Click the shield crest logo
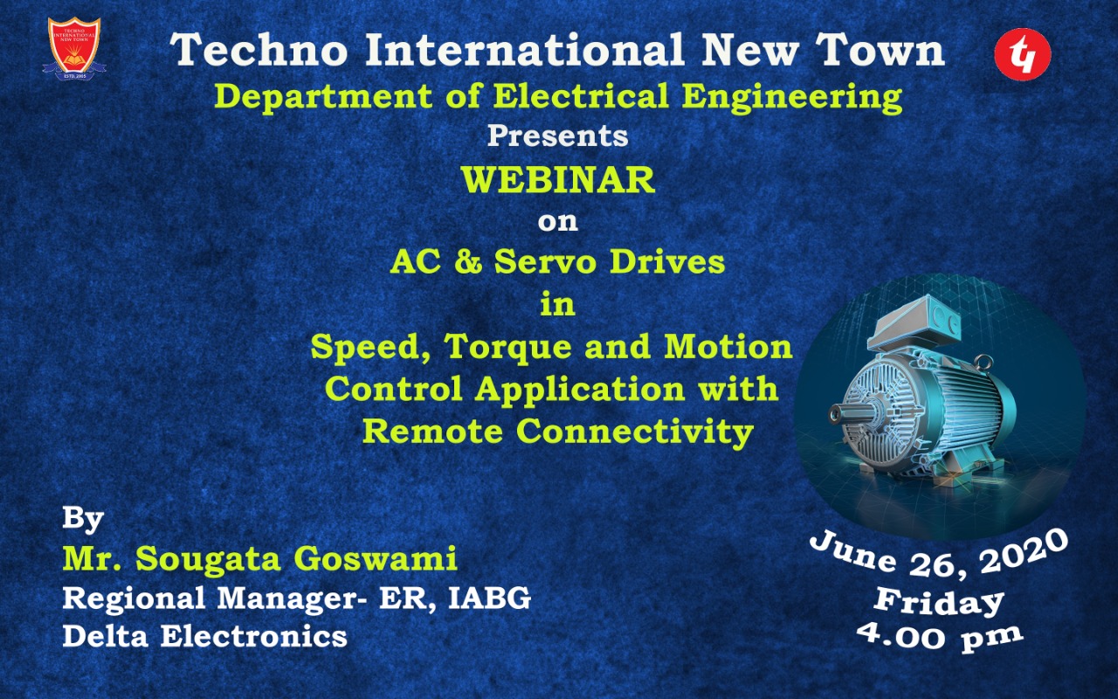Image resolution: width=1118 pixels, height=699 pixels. (74, 48)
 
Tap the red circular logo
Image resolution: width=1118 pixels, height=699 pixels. (1023, 54)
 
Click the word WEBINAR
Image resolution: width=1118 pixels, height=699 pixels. (558, 180)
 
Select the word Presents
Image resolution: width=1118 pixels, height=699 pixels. (558, 135)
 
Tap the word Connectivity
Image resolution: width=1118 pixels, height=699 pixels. (634, 432)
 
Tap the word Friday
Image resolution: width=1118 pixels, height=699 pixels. (938, 603)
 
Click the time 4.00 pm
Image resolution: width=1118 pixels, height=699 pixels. (939, 636)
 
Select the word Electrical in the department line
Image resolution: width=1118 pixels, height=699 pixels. (581, 96)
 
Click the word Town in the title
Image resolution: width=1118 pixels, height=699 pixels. (880, 50)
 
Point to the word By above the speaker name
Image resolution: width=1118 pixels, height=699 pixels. (83, 519)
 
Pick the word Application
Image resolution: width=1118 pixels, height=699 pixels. (579, 389)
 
